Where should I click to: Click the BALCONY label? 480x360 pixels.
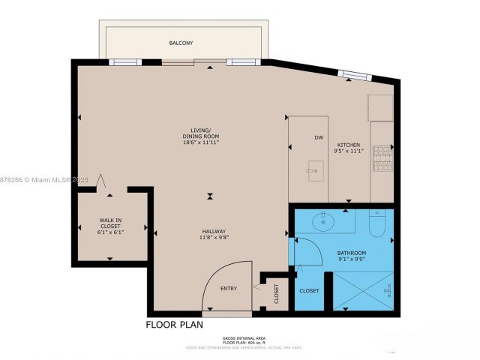point(180,43)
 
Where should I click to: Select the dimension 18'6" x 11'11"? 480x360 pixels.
point(201,142)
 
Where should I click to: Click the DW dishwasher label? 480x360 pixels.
point(319,138)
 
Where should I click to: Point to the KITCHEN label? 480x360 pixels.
point(349,145)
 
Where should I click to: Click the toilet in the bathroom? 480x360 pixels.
point(377,223)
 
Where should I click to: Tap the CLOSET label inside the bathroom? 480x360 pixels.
point(309,289)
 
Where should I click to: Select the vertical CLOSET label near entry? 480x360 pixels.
point(276,293)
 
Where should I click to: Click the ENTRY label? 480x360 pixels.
point(229,288)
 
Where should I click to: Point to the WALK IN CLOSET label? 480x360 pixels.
point(110,223)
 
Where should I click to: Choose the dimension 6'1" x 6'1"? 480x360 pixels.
point(110,232)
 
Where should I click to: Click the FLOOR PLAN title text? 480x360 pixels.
point(176,325)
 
